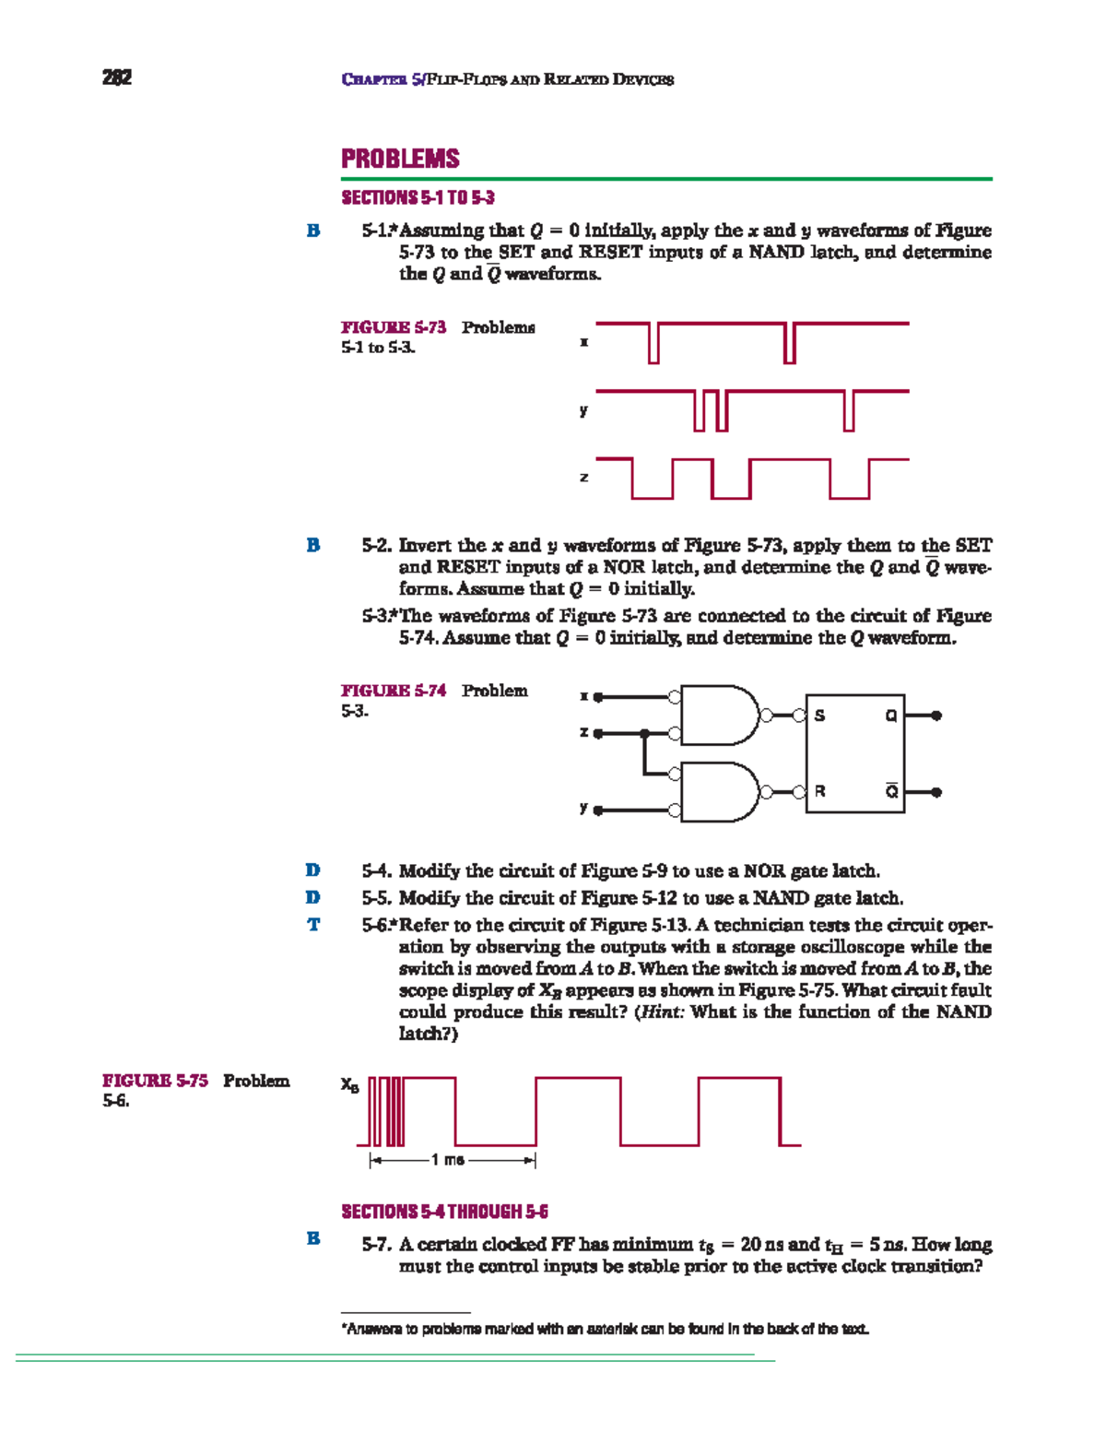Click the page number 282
pos(117,77)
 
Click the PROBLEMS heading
pos(400,159)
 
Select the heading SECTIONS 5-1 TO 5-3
pos(418,197)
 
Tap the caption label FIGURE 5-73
pos(394,327)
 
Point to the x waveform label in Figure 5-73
pos(583,342)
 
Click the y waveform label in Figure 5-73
pos(583,410)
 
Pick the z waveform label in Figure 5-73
pos(583,478)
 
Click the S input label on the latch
pos(819,716)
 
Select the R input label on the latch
pos(819,791)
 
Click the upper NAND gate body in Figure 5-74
pos(719,715)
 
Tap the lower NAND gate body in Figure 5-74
pos(719,791)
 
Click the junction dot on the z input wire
pos(644,734)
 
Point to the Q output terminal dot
pos(936,716)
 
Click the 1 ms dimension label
pos(452,1160)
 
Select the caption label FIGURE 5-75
pos(155,1081)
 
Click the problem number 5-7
pos(376,1245)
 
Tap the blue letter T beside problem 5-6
pos(313,925)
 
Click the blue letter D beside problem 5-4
pos(313,870)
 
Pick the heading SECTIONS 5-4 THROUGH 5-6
pos(444,1212)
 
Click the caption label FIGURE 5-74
pos(394,691)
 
